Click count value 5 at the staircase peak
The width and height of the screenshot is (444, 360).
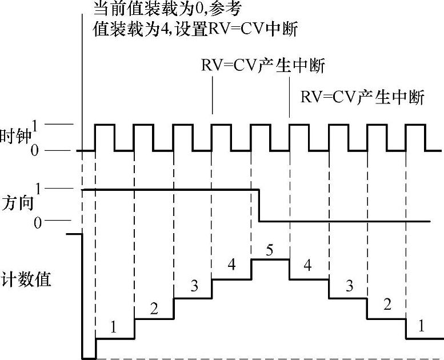(x=270, y=250)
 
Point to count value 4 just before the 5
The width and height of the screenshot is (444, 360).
(x=231, y=265)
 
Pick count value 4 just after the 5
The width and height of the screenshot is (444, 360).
(x=308, y=265)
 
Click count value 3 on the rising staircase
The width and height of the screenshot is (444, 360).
(x=194, y=285)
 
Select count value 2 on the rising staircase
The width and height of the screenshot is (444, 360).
(x=154, y=309)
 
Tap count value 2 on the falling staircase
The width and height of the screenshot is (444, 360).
(x=387, y=305)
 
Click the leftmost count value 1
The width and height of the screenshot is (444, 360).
(x=113, y=327)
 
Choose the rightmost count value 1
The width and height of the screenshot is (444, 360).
(x=422, y=327)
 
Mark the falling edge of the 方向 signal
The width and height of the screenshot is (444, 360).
(x=259, y=205)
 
